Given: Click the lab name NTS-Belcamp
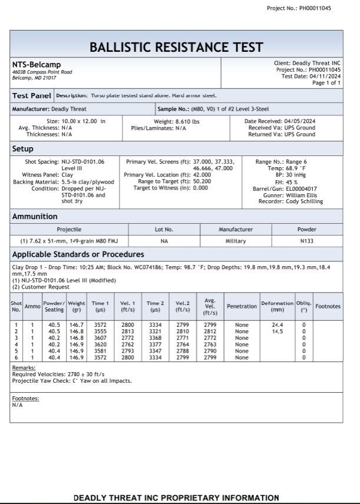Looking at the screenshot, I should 37,64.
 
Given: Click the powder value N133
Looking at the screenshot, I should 306,241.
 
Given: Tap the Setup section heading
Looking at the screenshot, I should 23,149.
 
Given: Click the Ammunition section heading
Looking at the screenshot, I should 35,217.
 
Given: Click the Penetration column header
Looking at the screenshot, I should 242,306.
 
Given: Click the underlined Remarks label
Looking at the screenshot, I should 24,367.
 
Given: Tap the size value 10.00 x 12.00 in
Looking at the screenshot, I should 84,121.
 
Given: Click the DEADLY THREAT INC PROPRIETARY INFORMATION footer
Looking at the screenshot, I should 176,498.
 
